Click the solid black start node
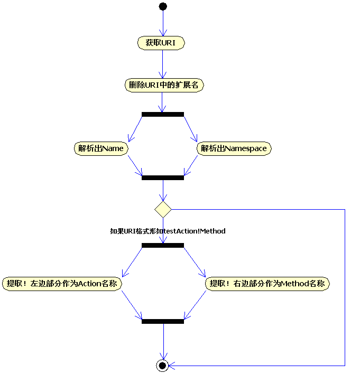pos(163,6)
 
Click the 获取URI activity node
pos(161,43)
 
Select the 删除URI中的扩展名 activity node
pos(164,85)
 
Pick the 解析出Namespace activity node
pos(234,148)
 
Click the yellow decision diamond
pos(163,209)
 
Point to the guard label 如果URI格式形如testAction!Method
pos(168,231)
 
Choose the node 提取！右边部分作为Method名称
pos(267,284)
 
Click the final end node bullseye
pos(163,365)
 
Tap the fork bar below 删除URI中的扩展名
pos(163,114)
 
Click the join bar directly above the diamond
pos(163,177)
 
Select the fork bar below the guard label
pos(163,245)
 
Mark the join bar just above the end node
pos(163,321)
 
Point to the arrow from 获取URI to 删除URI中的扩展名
pos(163,64)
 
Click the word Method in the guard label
pos(214,231)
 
